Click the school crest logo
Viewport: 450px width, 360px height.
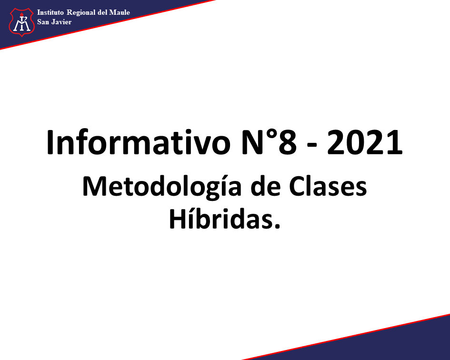22,22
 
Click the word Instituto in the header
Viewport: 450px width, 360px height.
50,12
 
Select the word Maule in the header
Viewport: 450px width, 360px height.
120,12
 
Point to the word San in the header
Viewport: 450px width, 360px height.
43,22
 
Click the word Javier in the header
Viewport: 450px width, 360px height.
61,22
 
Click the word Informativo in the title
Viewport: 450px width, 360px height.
139,142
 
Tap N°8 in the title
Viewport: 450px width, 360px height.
269,142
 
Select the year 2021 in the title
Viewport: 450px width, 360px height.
365,142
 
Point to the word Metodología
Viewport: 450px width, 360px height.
162,187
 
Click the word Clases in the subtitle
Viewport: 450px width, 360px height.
328,186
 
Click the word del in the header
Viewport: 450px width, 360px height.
102,12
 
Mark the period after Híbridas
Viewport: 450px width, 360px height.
277,226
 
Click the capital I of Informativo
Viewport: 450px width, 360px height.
50,142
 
